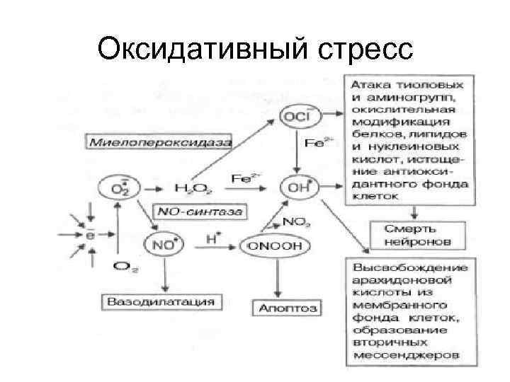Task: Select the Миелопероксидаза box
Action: [x=161, y=142]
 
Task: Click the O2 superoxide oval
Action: [x=115, y=188]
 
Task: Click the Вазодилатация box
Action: [x=161, y=302]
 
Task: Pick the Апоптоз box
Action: [x=286, y=308]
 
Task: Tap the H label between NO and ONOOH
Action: [x=210, y=239]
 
